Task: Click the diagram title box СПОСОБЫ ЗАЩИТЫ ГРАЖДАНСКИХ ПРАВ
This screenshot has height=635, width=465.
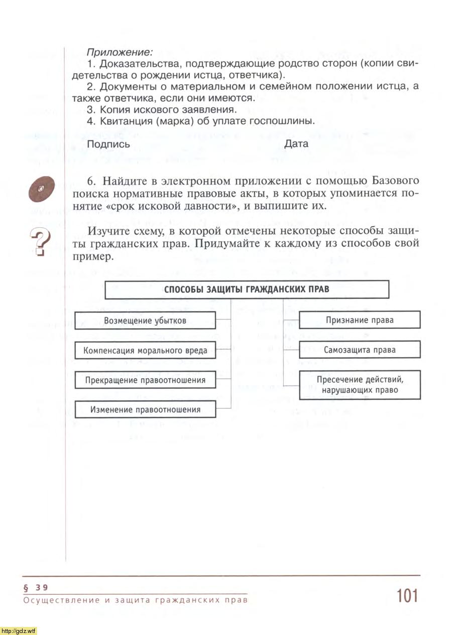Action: (247, 289)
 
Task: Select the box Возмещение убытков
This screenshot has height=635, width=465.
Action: (145, 321)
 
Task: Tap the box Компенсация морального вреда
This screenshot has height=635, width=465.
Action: (145, 350)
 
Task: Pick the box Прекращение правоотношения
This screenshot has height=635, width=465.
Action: (145, 380)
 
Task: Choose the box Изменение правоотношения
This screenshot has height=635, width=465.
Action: (145, 409)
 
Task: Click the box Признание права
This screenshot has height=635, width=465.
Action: (360, 320)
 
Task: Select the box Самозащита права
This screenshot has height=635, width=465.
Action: (360, 350)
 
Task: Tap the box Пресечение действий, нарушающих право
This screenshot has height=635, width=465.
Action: (360, 385)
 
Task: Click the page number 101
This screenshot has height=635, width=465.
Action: (407, 596)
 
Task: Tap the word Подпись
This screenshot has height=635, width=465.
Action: (108, 144)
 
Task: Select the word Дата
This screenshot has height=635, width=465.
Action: (296, 144)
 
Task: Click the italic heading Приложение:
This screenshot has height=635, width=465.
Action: (120, 52)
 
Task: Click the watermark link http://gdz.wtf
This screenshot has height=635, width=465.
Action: (19, 630)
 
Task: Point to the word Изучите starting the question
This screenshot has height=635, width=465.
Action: (107, 231)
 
